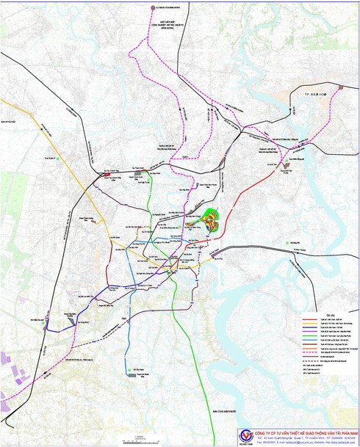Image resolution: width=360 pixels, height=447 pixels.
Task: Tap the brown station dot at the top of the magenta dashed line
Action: click(153, 7)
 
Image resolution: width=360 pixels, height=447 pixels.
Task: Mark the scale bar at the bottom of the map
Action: click(140, 439)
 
